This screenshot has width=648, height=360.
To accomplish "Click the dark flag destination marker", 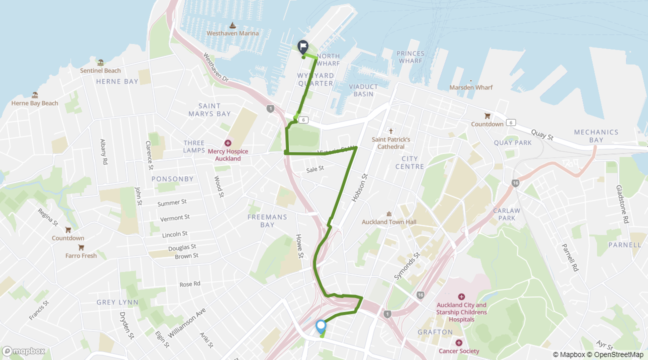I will click(302, 46).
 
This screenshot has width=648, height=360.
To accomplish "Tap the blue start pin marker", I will click(321, 326).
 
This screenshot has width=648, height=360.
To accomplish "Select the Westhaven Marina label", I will click(232, 33).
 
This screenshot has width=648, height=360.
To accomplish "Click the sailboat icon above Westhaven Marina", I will click(232, 25).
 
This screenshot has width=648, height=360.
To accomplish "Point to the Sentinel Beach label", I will click(100, 70).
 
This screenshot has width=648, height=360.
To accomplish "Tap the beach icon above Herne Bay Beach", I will click(35, 95).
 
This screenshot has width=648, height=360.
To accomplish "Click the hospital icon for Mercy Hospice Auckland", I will click(228, 143).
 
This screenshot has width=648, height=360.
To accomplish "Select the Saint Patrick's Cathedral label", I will click(391, 143).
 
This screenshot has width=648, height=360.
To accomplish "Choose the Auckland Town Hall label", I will click(389, 221).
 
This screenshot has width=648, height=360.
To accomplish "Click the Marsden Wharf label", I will click(471, 87).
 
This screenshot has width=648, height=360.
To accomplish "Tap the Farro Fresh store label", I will click(81, 255).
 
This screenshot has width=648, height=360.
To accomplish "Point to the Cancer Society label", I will click(458, 351).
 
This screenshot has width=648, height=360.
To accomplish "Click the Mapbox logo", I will click(23, 351).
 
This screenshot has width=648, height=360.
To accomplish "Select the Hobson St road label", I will click(359, 187).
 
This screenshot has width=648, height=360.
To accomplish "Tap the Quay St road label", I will click(543, 135).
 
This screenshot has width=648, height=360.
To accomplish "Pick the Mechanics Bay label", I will click(596, 136).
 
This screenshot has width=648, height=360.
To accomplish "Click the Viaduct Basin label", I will click(363, 90).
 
